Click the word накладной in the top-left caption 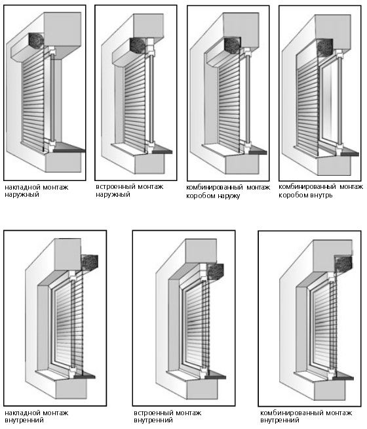pyautogui.click(x=22, y=188)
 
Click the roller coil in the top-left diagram pyautogui.click(x=36, y=41)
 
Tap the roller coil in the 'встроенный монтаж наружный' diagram pyautogui.click(x=138, y=45)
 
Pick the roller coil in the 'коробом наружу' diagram pyautogui.click(x=233, y=46)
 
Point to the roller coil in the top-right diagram pyautogui.click(x=325, y=48)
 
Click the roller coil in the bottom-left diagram pyautogui.click(x=90, y=262)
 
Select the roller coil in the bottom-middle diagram pyautogui.click(x=216, y=272)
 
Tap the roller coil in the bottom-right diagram pyautogui.click(x=343, y=264)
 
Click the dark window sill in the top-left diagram pyautogui.click(x=69, y=149)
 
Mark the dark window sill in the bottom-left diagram pyautogui.click(x=85, y=377)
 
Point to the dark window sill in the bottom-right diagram pyautogui.click(x=343, y=378)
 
